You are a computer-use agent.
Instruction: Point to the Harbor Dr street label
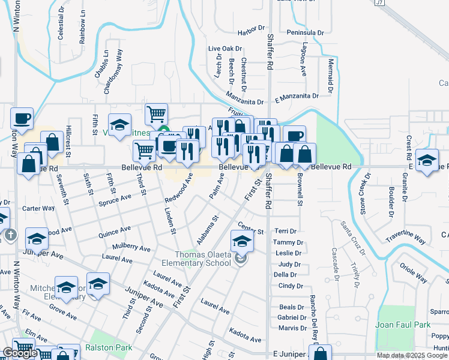[x=251, y=28]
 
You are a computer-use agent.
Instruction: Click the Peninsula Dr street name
[x=305, y=32]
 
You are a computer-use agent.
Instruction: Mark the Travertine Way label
[x=406, y=236]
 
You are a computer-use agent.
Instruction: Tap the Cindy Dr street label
[x=286, y=286]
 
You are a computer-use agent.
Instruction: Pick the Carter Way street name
[x=38, y=209]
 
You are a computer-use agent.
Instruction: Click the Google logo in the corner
[x=19, y=353]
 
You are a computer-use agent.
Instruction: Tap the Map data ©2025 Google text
[x=412, y=355]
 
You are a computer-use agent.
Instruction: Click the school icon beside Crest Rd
[x=427, y=160]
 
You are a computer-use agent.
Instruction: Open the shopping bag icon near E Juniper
[x=321, y=353]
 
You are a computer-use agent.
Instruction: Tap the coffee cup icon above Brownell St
[x=294, y=136]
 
